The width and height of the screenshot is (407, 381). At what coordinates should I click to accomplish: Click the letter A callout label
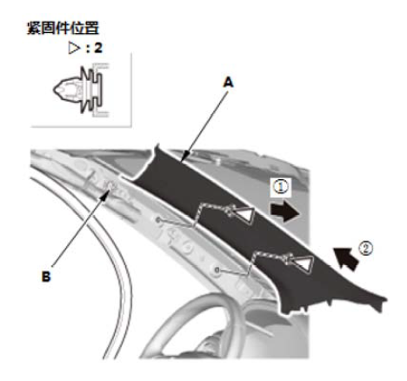coord(229,83)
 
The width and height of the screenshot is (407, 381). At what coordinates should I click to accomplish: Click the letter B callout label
coord(46,277)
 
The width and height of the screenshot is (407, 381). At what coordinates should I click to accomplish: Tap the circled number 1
coord(281,186)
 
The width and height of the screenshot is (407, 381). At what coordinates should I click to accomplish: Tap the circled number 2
coord(366,249)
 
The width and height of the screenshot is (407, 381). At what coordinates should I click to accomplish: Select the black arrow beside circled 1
coord(284,212)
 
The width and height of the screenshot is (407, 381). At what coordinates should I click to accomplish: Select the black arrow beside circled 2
coord(346,258)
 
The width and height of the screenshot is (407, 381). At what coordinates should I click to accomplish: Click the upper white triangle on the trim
coord(245,216)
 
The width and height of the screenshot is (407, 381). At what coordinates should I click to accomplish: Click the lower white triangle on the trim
coord(304,264)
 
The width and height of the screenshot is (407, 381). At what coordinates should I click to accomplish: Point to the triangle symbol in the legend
coord(74,48)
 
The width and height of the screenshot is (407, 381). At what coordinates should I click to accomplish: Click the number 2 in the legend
coord(98,48)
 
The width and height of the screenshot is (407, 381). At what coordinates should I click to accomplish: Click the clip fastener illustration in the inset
coord(81,90)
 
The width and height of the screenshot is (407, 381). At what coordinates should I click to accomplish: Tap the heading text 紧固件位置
coord(63,29)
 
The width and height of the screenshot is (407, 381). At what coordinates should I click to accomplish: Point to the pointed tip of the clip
coord(54,89)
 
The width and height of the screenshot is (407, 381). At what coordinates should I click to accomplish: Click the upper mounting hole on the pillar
coord(158,220)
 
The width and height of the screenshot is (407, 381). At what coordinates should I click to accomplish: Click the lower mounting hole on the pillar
coord(217,270)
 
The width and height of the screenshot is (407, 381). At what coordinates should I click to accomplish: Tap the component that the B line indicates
coord(111,185)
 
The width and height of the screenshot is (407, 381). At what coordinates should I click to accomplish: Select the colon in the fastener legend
coord(88,49)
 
